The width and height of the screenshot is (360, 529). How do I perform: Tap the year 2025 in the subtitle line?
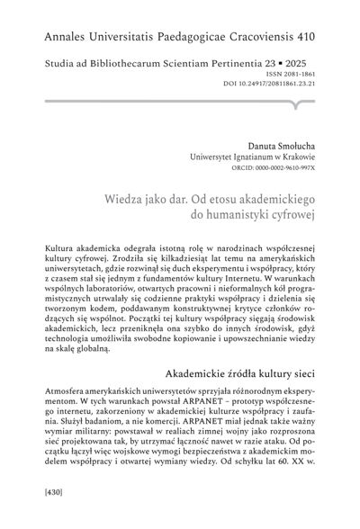pos(310,66)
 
